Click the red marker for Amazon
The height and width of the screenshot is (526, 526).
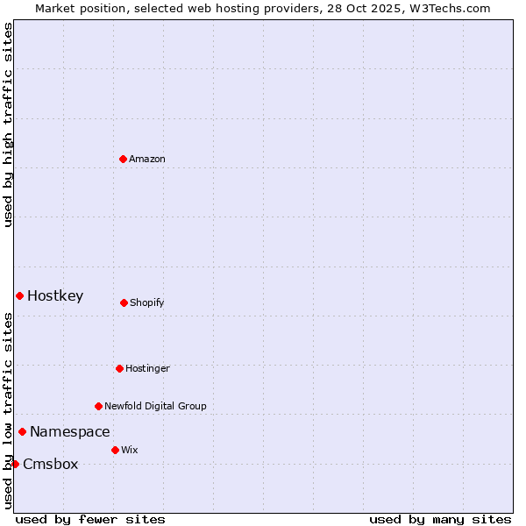click(x=123, y=159)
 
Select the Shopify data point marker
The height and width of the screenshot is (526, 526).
click(x=124, y=302)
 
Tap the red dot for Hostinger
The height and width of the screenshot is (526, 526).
click(x=119, y=368)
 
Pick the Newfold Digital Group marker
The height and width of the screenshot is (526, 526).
click(x=98, y=406)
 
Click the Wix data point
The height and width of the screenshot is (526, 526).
click(x=115, y=450)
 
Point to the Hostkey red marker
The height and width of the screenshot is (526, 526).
click(x=19, y=295)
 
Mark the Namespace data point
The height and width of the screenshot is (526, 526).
click(x=22, y=431)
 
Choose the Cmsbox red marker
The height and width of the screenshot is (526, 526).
click(x=15, y=464)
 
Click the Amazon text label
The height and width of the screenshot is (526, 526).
click(x=147, y=160)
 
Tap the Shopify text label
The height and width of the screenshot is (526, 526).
click(x=147, y=303)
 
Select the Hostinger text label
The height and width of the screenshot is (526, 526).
click(x=147, y=369)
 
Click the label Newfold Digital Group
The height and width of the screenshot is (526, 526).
click(x=155, y=407)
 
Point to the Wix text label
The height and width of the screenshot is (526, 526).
click(x=130, y=451)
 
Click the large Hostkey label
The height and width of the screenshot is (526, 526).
click(x=55, y=296)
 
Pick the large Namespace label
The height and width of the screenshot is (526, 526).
click(x=70, y=432)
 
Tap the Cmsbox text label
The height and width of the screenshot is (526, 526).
click(x=51, y=465)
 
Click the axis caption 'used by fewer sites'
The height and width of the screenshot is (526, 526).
click(x=90, y=520)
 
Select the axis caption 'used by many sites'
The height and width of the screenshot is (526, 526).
click(x=439, y=520)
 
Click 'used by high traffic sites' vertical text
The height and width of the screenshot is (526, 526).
click(x=8, y=124)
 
